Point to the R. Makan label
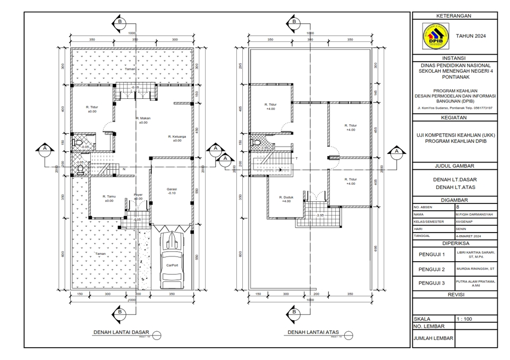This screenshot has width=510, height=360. click(x=142, y=120)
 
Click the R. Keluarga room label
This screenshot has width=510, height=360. click(x=176, y=138)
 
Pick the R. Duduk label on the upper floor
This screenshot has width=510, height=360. click(x=286, y=199)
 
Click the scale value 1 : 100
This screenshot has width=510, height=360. click(x=465, y=319)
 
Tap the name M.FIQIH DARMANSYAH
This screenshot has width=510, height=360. click(x=474, y=215)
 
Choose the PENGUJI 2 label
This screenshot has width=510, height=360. click(x=432, y=269)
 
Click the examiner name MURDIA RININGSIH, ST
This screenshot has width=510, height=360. click(x=475, y=269)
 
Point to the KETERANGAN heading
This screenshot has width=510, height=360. click(x=454, y=16)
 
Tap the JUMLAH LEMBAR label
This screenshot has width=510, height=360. click(x=433, y=338)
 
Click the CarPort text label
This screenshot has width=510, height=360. click(x=172, y=264)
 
